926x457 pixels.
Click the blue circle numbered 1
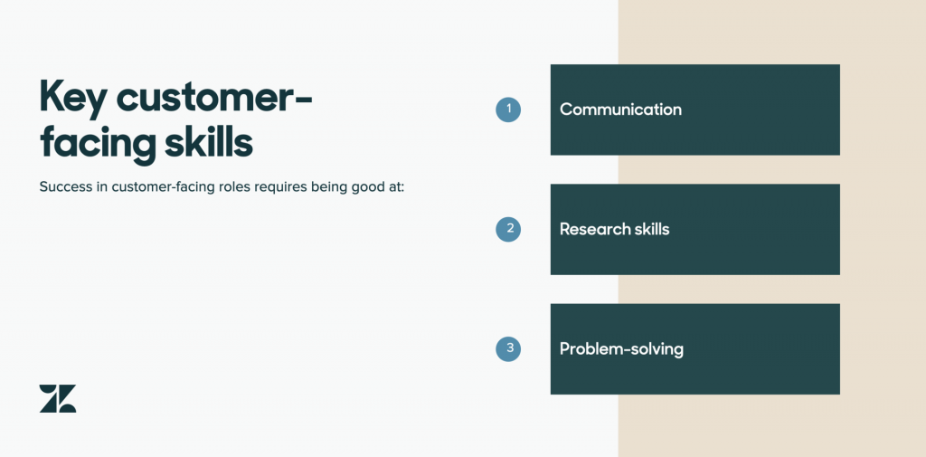point(508,109)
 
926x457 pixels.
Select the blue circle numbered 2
point(508,229)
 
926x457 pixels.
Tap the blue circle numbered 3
point(508,348)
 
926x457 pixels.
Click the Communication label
point(620,109)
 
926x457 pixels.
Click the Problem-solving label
point(622,349)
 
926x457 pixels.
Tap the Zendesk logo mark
point(58,398)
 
